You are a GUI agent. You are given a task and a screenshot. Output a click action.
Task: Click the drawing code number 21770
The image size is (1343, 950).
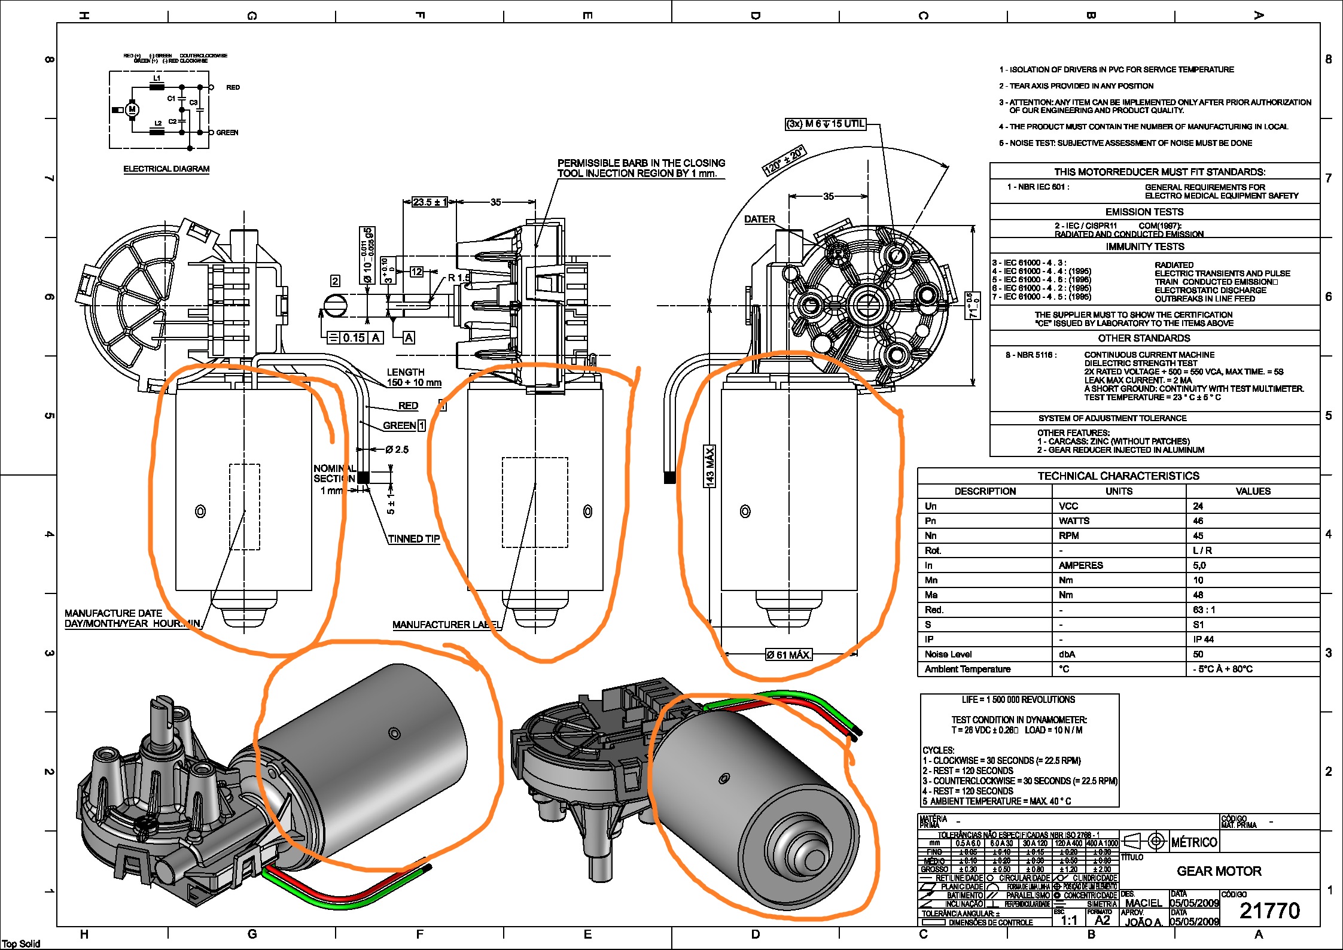(x=1269, y=911)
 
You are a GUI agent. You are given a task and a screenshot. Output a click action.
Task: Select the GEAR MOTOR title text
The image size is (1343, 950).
(x=1219, y=871)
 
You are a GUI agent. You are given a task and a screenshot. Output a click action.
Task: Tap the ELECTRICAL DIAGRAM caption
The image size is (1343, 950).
(x=166, y=169)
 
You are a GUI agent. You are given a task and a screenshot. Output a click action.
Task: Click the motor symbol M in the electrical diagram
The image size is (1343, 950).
(x=132, y=109)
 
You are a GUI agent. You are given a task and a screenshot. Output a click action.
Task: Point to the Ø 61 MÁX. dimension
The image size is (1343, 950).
(x=788, y=655)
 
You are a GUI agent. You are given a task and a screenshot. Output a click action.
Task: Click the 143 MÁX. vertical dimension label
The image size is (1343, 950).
(x=709, y=466)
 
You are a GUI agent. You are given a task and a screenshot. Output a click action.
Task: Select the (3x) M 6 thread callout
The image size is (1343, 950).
(x=825, y=124)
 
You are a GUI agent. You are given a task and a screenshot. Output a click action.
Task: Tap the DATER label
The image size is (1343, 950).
(x=759, y=220)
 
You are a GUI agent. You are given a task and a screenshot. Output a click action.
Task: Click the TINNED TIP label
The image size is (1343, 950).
(x=413, y=538)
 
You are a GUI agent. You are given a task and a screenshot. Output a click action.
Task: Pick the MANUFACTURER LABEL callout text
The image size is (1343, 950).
(x=446, y=625)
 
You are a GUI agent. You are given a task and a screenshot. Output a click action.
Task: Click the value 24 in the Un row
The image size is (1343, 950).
(x=1198, y=506)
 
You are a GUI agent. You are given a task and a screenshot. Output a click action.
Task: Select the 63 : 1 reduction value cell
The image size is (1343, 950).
(x=1204, y=610)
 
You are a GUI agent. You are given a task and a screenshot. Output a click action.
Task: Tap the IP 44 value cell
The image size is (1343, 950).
(x=1203, y=640)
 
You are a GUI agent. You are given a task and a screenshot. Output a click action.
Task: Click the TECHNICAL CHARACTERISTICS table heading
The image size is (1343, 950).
(x=1118, y=476)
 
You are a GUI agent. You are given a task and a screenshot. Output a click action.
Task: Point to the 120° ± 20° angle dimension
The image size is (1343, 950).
(x=784, y=160)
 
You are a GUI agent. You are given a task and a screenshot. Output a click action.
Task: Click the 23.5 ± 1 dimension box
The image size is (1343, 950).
(x=429, y=202)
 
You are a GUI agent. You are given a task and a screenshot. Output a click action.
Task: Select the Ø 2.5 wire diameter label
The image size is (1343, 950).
(x=397, y=449)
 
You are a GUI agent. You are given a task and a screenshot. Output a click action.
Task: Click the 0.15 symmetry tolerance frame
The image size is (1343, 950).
(x=354, y=338)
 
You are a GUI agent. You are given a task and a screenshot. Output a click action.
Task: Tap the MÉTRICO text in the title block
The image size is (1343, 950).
(x=1193, y=842)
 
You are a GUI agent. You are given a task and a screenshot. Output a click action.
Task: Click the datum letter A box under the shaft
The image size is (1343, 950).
(x=409, y=338)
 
